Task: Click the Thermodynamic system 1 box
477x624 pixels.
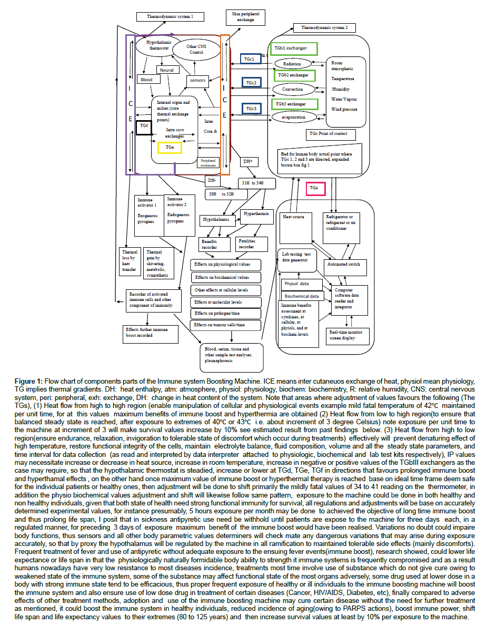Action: (171, 17)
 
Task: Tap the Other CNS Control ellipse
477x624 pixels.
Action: (196, 49)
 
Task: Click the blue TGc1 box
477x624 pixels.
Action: (250, 59)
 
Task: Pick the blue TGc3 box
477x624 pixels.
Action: (250, 109)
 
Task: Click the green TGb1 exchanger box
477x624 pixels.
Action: (294, 48)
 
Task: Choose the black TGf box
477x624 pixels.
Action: (143, 127)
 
